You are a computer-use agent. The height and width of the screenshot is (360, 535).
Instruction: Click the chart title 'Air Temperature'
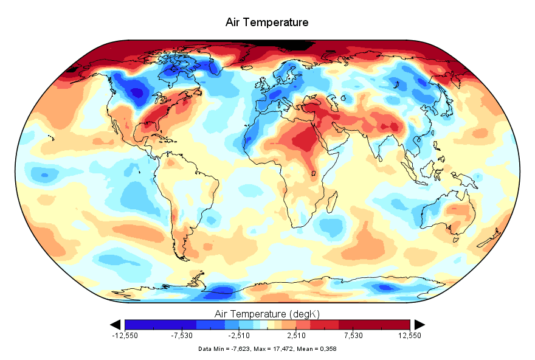(267, 22)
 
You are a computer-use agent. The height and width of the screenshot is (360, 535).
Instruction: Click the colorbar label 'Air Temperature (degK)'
(267, 314)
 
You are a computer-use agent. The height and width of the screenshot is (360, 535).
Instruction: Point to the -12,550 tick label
(125, 335)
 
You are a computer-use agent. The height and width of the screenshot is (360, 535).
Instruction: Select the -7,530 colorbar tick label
(182, 335)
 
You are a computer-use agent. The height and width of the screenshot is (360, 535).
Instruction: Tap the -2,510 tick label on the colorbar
(239, 335)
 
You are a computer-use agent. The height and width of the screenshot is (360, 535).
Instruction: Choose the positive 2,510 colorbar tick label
(296, 335)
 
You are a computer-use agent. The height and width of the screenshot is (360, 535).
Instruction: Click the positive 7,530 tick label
(353, 335)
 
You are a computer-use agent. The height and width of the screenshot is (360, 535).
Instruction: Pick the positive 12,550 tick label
(410, 335)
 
